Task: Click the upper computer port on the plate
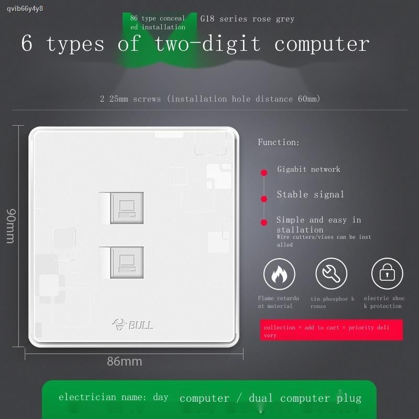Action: (x=127, y=208)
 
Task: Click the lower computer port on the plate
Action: (x=127, y=262)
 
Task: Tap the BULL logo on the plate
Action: (x=133, y=324)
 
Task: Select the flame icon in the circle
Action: (x=279, y=274)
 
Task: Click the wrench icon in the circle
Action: (x=332, y=273)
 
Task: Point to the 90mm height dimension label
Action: (x=11, y=226)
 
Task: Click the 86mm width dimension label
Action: (x=125, y=361)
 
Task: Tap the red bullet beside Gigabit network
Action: (x=264, y=173)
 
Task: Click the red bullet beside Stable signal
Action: (x=264, y=199)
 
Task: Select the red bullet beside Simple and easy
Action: (x=264, y=222)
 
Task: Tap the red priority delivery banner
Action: (x=332, y=330)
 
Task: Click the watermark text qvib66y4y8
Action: (x=25, y=9)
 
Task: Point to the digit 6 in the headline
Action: (x=27, y=43)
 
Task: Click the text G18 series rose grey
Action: (x=247, y=19)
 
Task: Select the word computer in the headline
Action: (x=322, y=45)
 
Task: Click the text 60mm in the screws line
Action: (x=309, y=99)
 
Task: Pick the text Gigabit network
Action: (x=308, y=169)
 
